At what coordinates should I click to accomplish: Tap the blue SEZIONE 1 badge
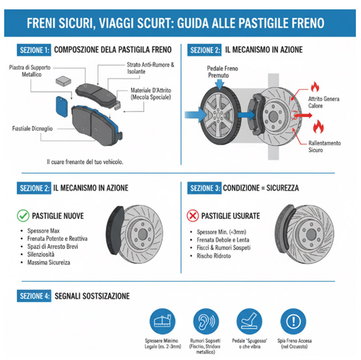pos(34,50)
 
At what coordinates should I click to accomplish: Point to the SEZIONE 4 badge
pos(34,296)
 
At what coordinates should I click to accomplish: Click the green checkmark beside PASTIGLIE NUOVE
pos(23,215)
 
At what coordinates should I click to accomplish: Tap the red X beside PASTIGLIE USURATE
pos(193,215)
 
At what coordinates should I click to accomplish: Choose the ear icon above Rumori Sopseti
pos(205,322)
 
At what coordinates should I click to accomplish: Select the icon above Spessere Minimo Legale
pos(162,322)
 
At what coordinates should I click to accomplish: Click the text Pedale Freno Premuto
pos(222,72)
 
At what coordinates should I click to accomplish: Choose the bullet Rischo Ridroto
pos(213,256)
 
